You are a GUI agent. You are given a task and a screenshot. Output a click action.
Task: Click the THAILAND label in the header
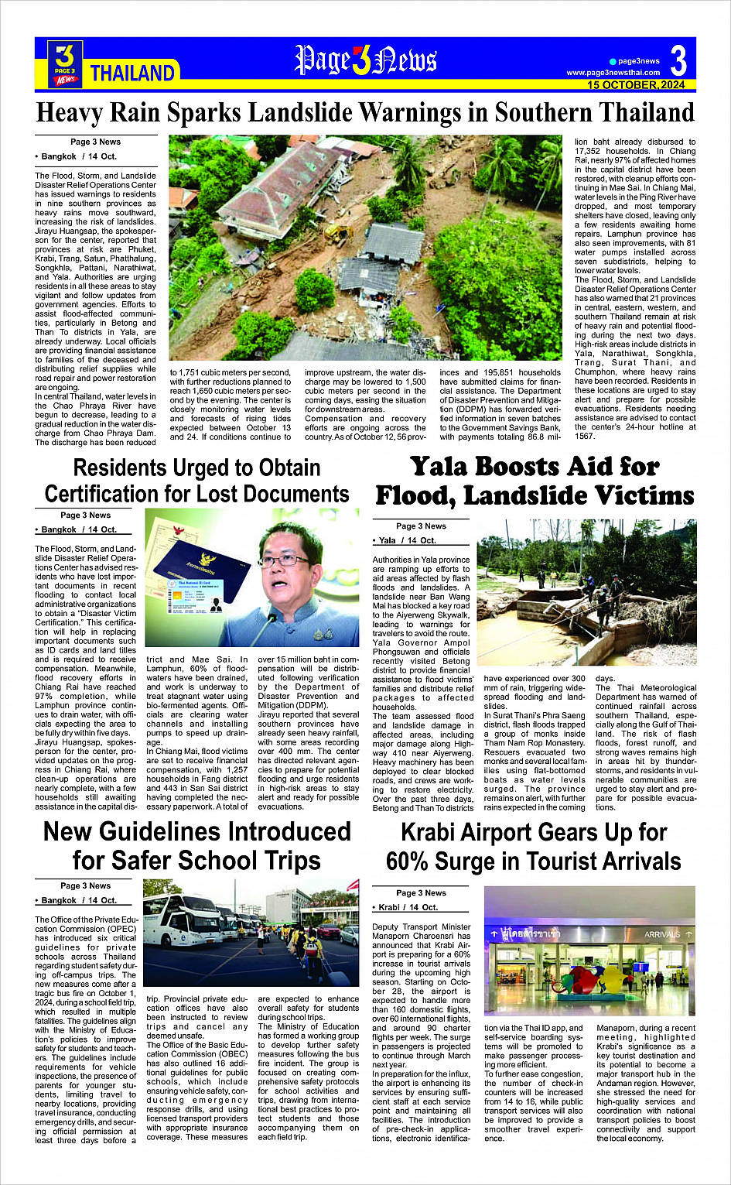132,74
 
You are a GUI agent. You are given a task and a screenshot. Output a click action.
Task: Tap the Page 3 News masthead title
365,60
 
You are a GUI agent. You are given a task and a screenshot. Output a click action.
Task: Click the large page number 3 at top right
678,60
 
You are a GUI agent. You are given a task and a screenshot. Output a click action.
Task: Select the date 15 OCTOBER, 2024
635,85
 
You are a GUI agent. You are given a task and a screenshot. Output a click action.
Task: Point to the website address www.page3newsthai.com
613,73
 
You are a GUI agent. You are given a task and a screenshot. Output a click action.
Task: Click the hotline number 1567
585,437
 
